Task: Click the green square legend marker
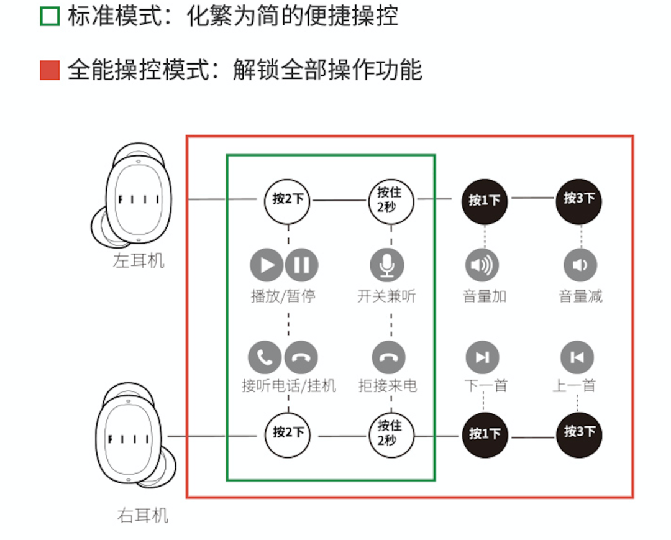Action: [x=50, y=16]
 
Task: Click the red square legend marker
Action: [x=50, y=70]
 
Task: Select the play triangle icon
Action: [x=267, y=265]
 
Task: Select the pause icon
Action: [x=302, y=265]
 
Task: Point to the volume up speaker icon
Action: [x=482, y=265]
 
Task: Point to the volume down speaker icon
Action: [x=580, y=265]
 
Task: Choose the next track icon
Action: [x=482, y=357]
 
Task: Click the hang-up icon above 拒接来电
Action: [x=389, y=357]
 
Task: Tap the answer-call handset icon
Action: [x=265, y=357]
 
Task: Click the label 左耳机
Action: [x=139, y=260]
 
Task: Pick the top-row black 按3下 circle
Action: [x=580, y=199]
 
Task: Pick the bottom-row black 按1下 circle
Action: [x=485, y=433]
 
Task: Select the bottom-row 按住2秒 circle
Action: [x=390, y=433]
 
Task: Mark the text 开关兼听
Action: [x=386, y=296]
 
